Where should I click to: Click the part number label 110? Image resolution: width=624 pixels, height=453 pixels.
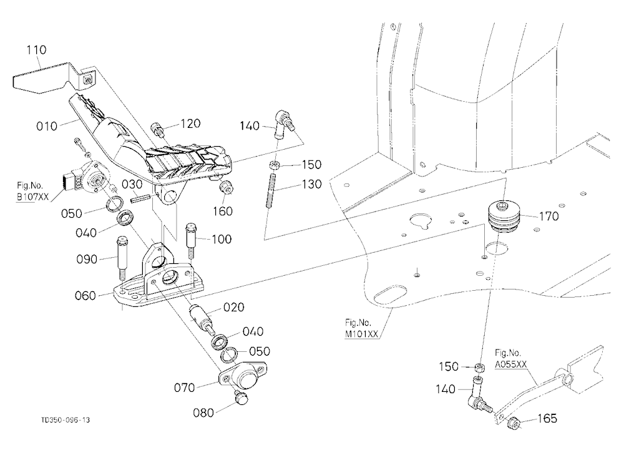tap(36, 50)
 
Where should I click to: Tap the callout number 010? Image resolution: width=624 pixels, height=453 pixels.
tap(47, 126)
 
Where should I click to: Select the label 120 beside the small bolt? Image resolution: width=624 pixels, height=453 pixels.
tap(190, 124)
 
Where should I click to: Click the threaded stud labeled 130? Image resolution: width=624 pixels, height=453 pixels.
tap(272, 190)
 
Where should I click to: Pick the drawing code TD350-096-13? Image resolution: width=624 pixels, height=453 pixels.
tap(66, 420)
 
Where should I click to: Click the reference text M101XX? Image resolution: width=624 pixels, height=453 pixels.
tap(361, 334)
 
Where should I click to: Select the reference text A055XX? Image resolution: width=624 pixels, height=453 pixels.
tap(511, 364)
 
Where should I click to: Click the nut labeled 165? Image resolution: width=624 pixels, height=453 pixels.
tap(514, 423)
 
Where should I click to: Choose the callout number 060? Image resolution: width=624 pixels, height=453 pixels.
tap(85, 296)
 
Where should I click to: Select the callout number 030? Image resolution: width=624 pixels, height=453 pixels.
tap(132, 184)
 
